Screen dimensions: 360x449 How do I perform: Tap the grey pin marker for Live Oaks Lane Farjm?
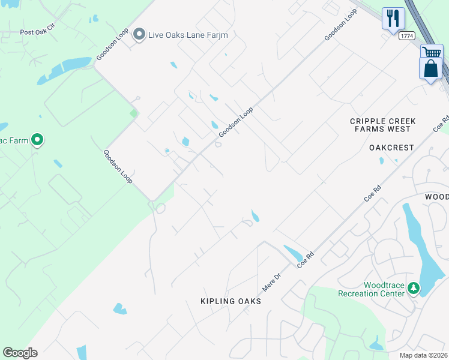click(x=139, y=34)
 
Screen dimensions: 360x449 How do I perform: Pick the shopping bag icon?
click(x=430, y=68)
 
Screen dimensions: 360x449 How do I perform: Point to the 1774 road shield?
click(x=408, y=36)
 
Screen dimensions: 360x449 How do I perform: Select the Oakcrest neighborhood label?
click(x=392, y=147)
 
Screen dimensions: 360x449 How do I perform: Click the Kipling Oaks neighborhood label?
click(x=232, y=301)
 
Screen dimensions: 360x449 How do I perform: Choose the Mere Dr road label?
click(x=272, y=281)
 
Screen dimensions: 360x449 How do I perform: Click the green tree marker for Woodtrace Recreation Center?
click(x=413, y=289)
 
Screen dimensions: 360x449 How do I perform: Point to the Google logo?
click(x=20, y=353)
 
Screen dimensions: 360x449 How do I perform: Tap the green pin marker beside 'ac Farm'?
click(x=37, y=141)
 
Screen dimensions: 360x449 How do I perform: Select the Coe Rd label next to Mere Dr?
click(x=306, y=260)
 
